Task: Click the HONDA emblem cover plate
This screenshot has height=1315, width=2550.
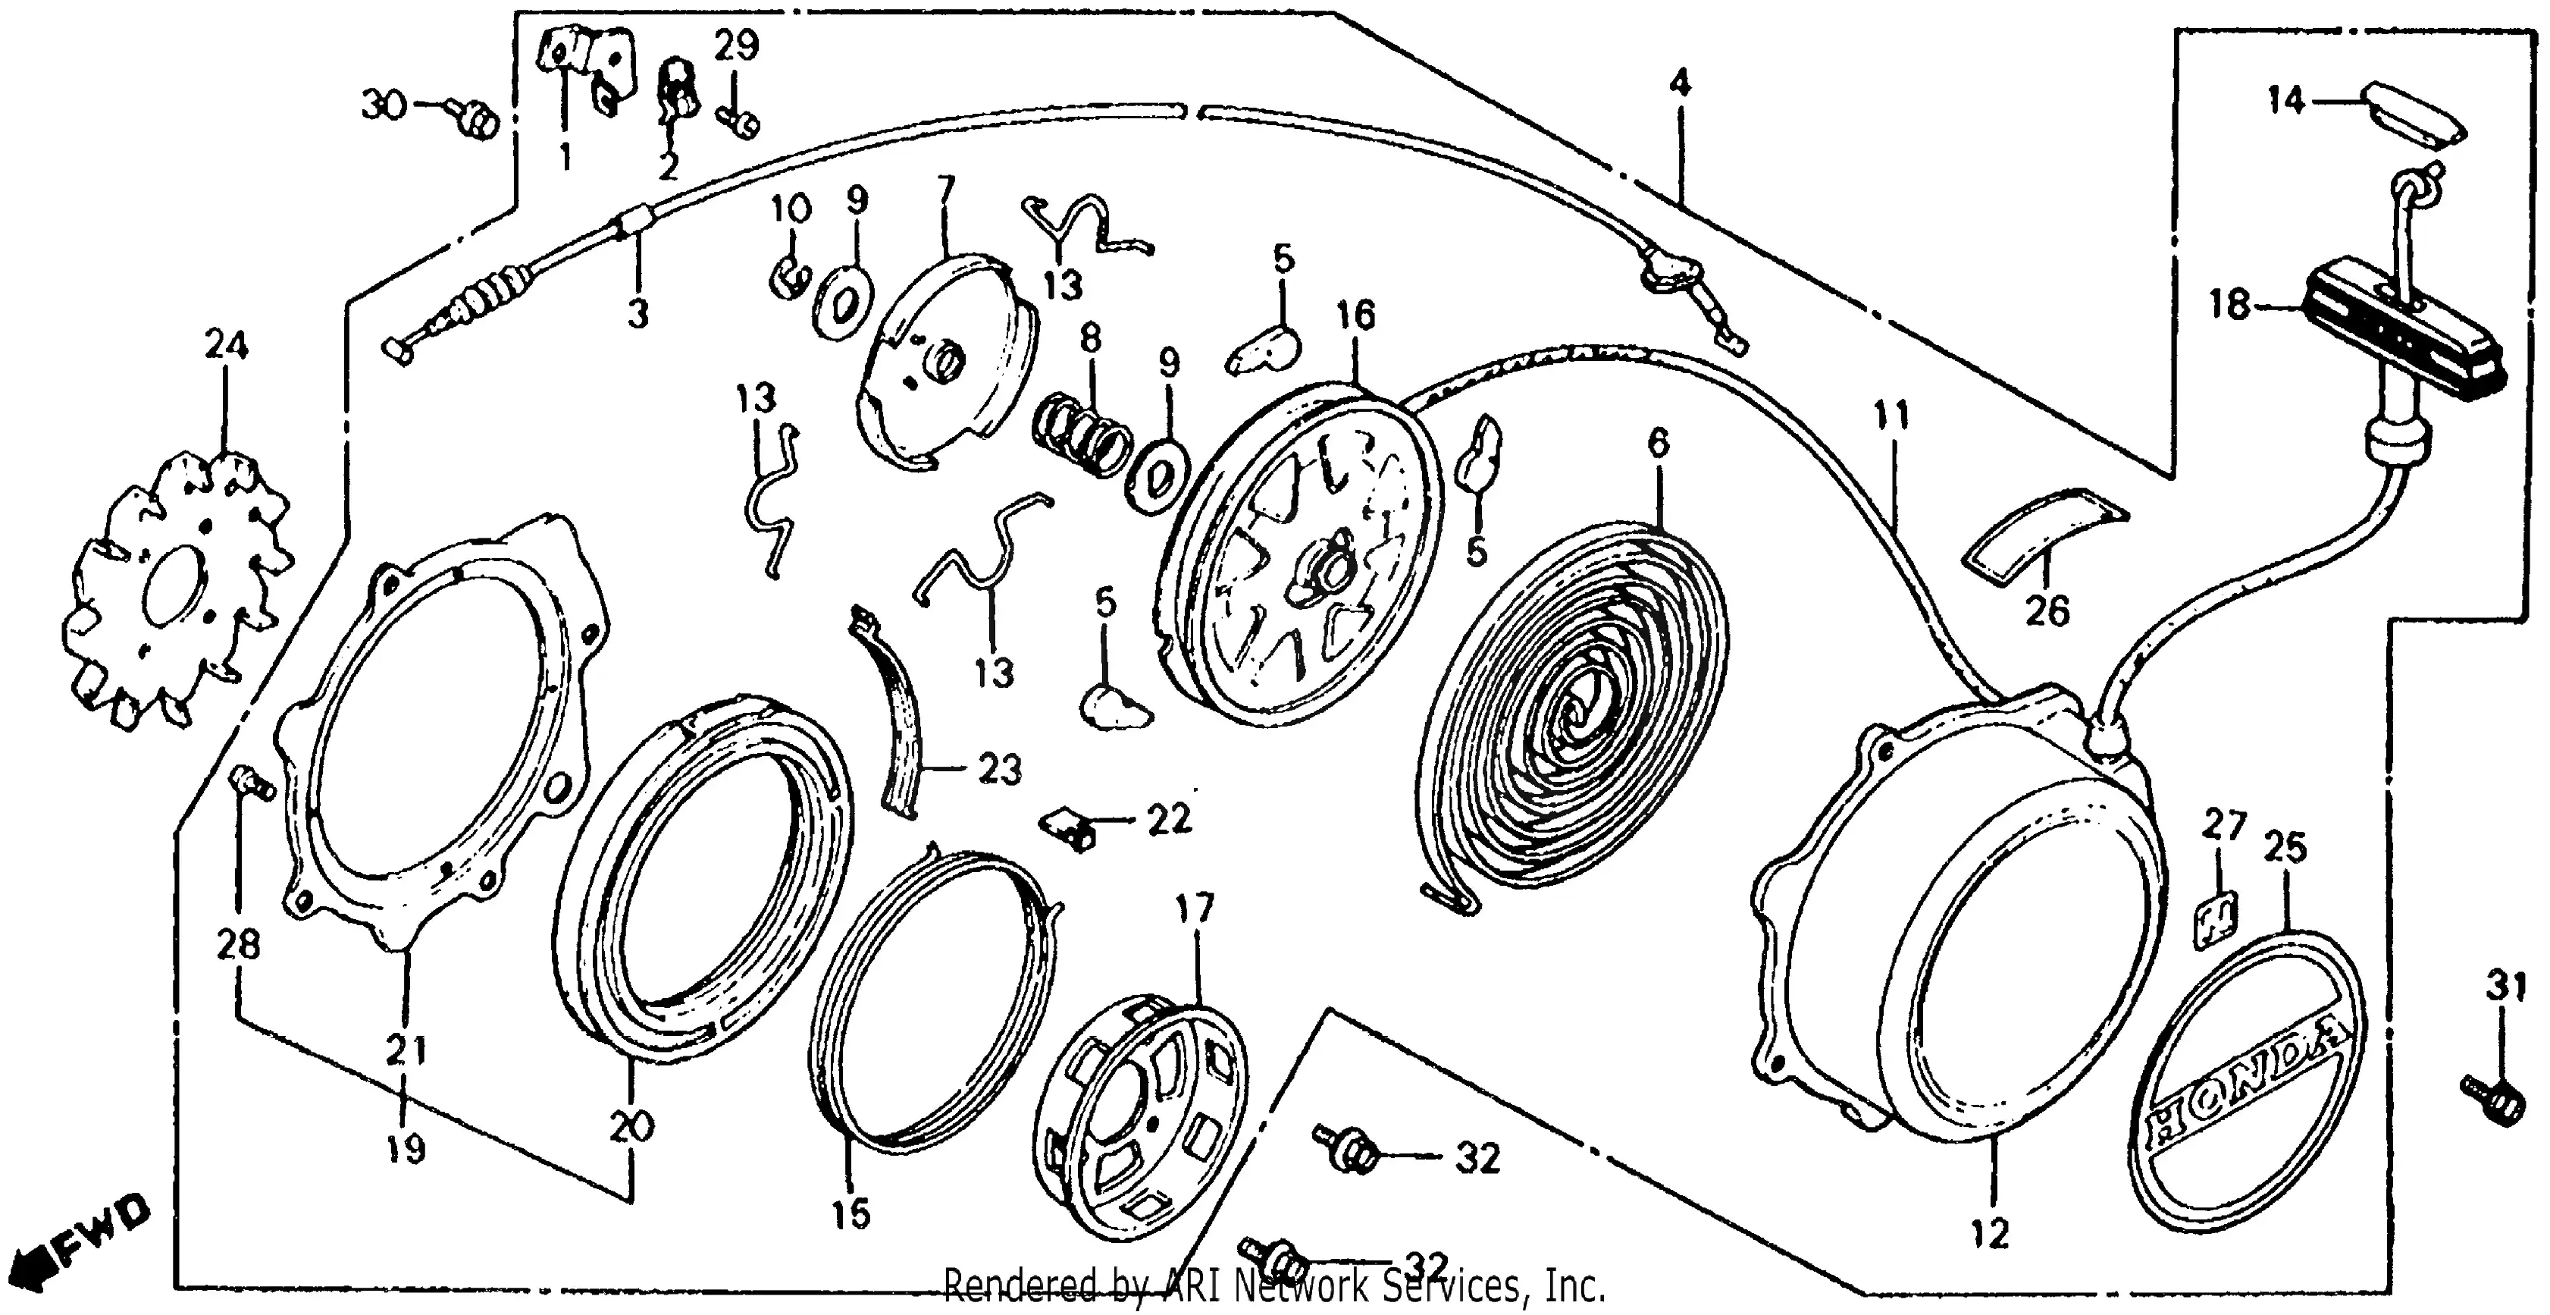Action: pos(2245,1081)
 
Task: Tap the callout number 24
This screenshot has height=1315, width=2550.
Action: pos(226,346)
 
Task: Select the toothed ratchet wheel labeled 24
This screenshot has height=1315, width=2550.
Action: pos(178,589)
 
